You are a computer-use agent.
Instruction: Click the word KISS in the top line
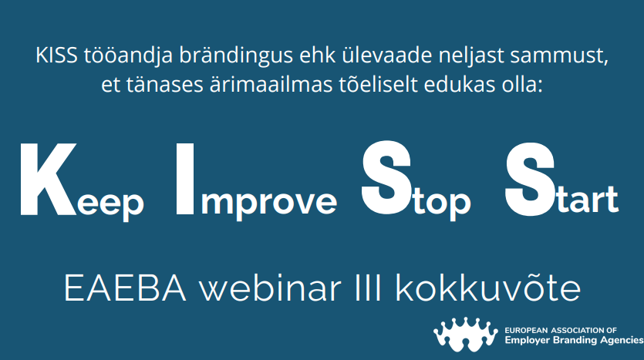coord(56,56)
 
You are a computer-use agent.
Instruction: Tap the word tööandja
coord(128,56)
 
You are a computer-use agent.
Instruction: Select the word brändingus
coord(236,56)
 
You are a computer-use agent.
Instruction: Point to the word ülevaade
coord(387,56)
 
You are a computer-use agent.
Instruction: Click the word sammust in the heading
coord(558,56)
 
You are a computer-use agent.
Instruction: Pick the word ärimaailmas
coord(271,85)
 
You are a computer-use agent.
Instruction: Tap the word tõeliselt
coord(378,85)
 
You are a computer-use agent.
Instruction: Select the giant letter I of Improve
coord(185,179)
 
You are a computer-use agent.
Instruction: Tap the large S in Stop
coord(386,178)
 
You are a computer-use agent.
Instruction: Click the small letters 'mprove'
coord(268,204)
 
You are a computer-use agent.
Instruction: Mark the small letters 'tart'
coord(588,200)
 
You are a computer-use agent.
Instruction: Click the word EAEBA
coord(125,288)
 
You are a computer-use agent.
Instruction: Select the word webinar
coord(270,288)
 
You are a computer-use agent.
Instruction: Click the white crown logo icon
coord(466,334)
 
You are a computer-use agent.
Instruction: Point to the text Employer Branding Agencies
coord(574,340)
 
